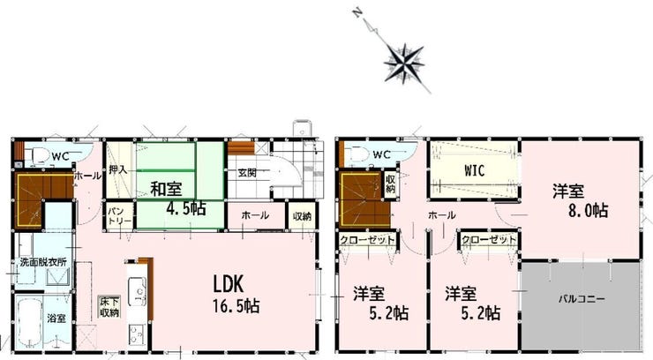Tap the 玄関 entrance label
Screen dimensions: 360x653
(x=247, y=172)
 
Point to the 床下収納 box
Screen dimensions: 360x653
(x=109, y=308)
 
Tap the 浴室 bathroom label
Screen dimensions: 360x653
(x=56, y=318)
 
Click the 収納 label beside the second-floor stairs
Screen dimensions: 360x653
(x=391, y=184)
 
